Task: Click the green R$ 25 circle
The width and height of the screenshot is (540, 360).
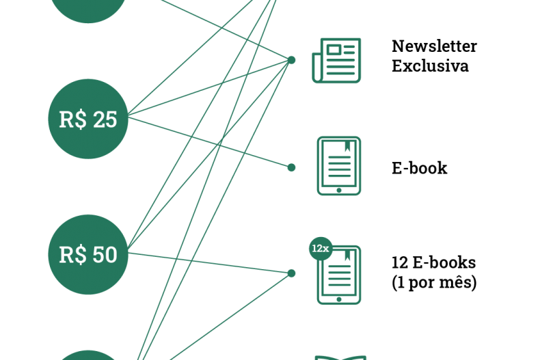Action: point(88,119)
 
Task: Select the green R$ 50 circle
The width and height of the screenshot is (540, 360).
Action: point(88,254)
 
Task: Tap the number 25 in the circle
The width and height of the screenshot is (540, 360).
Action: point(105,120)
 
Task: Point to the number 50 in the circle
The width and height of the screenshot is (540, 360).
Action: point(105,255)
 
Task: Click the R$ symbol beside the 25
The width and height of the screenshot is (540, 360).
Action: point(72,120)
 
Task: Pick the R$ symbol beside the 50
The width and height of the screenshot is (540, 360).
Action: point(72,255)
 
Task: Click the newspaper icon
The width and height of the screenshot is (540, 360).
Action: point(337,61)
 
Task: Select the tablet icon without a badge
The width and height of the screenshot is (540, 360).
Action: point(339,166)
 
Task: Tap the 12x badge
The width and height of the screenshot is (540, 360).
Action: point(321,249)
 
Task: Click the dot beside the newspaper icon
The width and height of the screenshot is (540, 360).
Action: point(291,60)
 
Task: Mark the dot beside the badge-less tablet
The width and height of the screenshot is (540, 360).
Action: point(291,167)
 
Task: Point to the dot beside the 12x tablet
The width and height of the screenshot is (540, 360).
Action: point(291,273)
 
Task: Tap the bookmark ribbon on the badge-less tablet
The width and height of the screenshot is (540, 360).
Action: point(348,145)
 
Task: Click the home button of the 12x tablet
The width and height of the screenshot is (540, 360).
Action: point(339,299)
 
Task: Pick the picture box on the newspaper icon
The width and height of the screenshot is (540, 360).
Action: point(334,49)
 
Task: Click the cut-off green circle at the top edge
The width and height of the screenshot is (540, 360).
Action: point(88,8)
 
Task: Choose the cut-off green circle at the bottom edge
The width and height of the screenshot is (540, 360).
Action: point(88,355)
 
